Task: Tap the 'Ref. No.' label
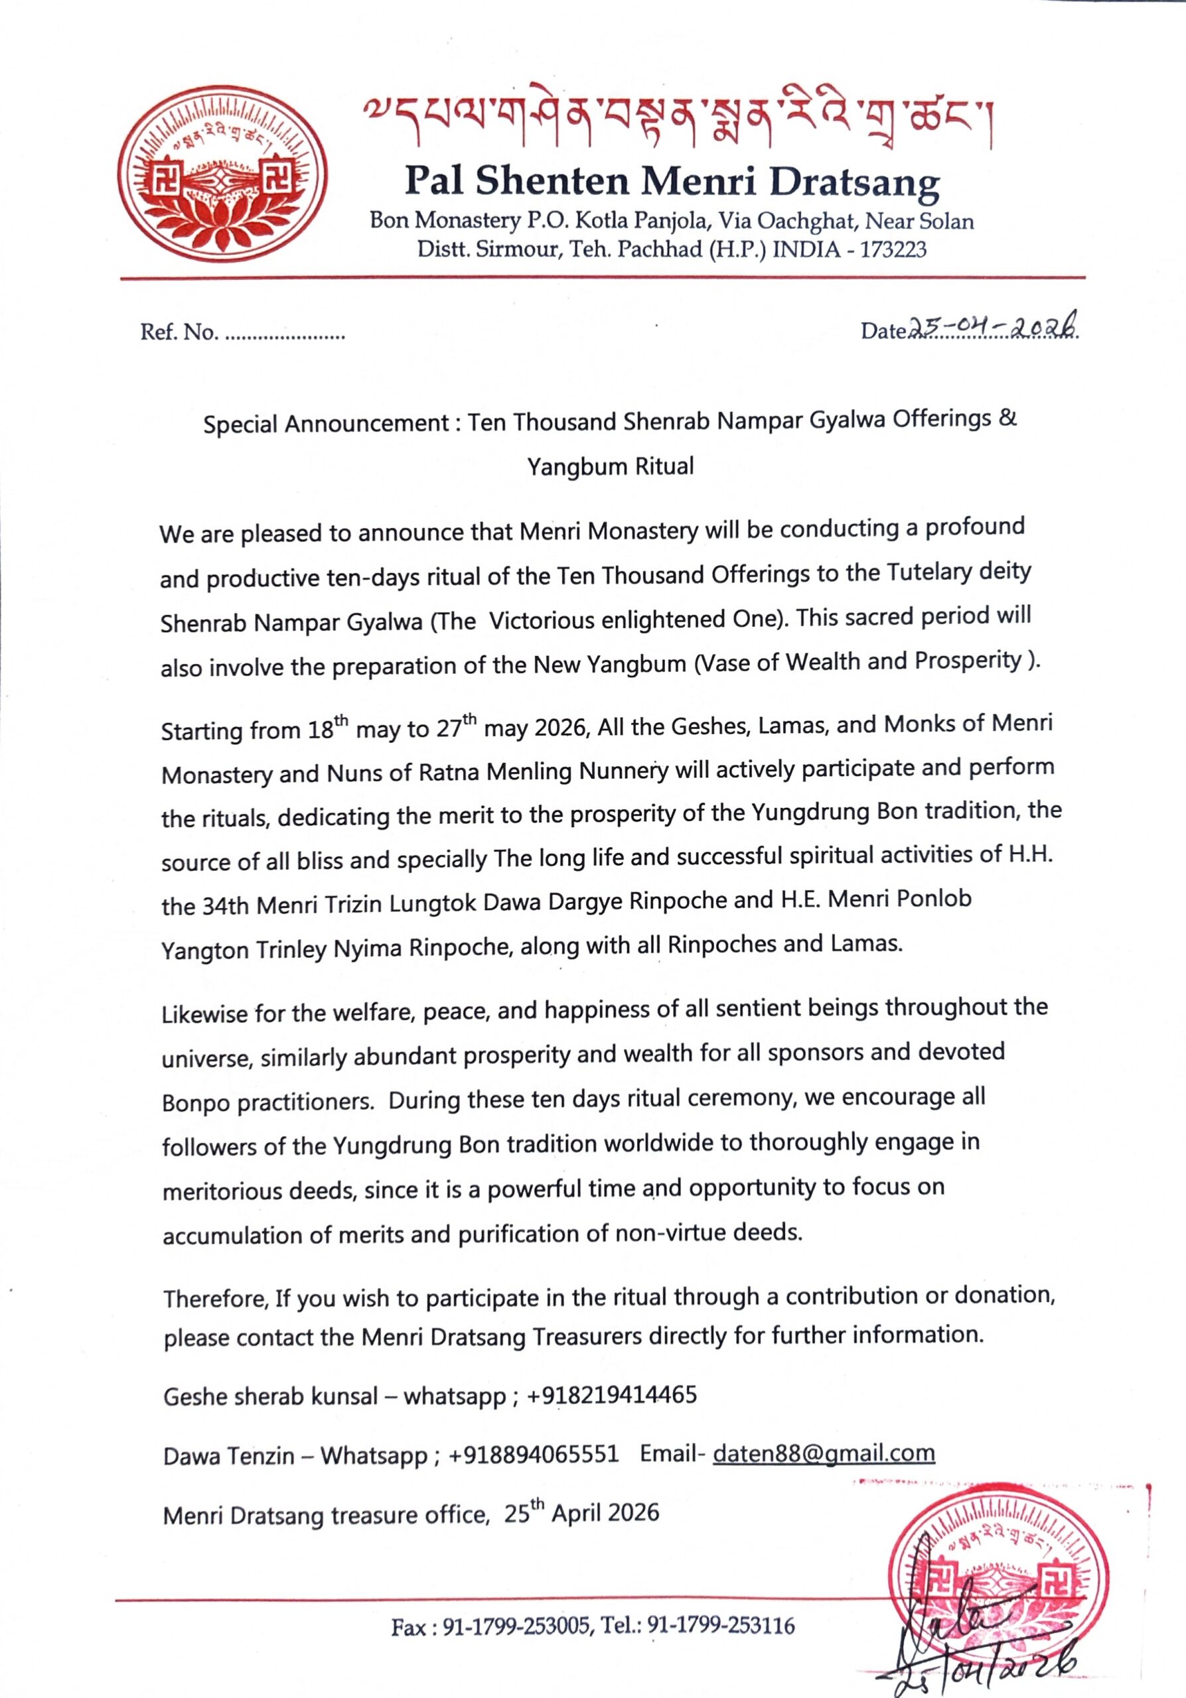tap(179, 333)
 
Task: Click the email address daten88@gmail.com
tap(824, 1453)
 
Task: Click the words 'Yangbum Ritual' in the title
tap(611, 467)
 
